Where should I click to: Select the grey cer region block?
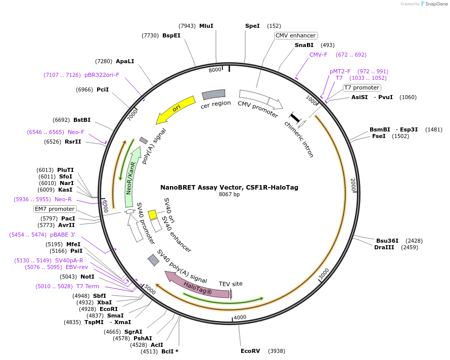(213, 94)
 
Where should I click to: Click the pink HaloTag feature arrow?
(197, 286)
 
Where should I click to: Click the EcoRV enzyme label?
(250, 350)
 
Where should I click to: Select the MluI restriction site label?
(206, 26)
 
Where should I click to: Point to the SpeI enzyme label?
(252, 26)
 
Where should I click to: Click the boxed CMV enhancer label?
(296, 35)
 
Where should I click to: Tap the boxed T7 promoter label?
(361, 87)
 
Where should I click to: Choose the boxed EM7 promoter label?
(55, 209)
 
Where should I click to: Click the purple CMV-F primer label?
(319, 55)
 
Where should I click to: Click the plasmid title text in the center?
(229, 187)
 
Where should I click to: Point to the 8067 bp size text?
(229, 195)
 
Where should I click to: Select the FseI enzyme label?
(379, 136)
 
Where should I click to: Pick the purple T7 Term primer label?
(87, 286)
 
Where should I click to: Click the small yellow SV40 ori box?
(152, 214)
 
